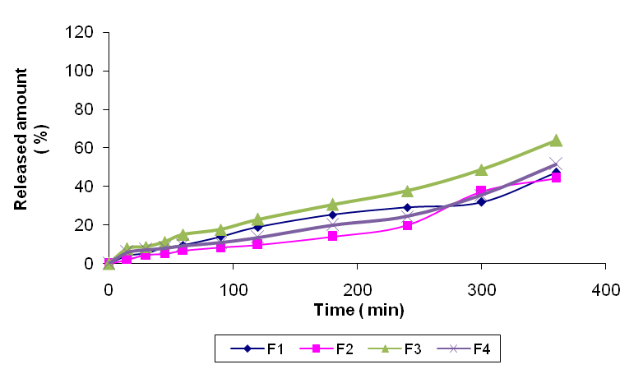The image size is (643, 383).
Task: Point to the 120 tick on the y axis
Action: pos(88,33)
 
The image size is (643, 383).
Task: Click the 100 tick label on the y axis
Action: pos(88,72)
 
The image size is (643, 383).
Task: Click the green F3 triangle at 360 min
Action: pos(556,141)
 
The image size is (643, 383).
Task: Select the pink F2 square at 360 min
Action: pos(556,177)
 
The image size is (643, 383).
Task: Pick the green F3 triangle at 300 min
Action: pos(481,170)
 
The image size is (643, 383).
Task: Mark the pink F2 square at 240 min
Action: pos(407,225)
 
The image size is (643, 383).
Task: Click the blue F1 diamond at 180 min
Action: pos(332,215)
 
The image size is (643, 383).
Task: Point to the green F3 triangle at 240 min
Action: pos(407,191)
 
